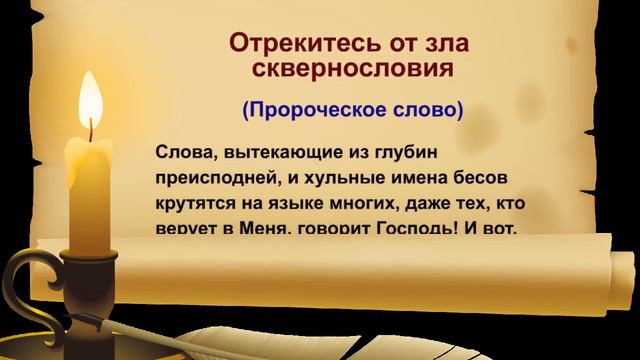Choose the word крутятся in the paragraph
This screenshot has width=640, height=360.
click(x=195, y=203)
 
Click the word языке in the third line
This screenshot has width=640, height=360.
click(x=294, y=204)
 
